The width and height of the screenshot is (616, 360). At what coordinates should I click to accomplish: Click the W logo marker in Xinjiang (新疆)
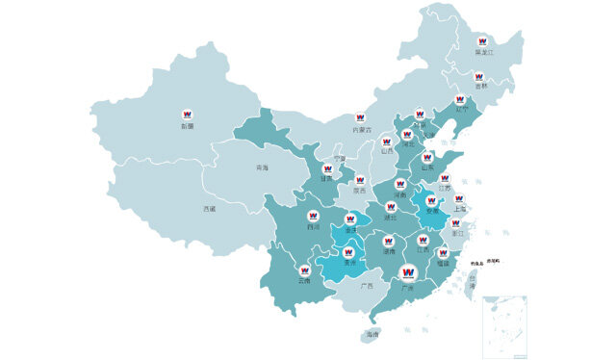point(187,114)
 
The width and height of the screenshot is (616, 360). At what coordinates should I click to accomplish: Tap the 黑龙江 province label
point(483,53)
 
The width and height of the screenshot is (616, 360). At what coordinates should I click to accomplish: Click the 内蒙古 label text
point(361,129)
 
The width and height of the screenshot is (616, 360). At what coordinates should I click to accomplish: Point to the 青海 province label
point(263,168)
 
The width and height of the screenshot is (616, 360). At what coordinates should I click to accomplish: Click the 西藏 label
point(210,208)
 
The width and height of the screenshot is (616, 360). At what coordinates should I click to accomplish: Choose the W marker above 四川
point(313,217)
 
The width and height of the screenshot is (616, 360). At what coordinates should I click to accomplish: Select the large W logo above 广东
point(407,272)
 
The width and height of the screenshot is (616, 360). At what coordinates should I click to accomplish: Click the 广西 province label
point(366,286)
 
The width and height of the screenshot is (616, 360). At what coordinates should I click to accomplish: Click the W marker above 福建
point(443,252)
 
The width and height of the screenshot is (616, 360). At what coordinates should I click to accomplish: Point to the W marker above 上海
point(459,199)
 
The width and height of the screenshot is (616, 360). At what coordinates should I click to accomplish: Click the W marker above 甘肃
point(325,167)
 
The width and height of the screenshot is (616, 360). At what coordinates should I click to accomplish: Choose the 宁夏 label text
point(338,158)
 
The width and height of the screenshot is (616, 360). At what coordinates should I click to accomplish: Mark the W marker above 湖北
point(391,207)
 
